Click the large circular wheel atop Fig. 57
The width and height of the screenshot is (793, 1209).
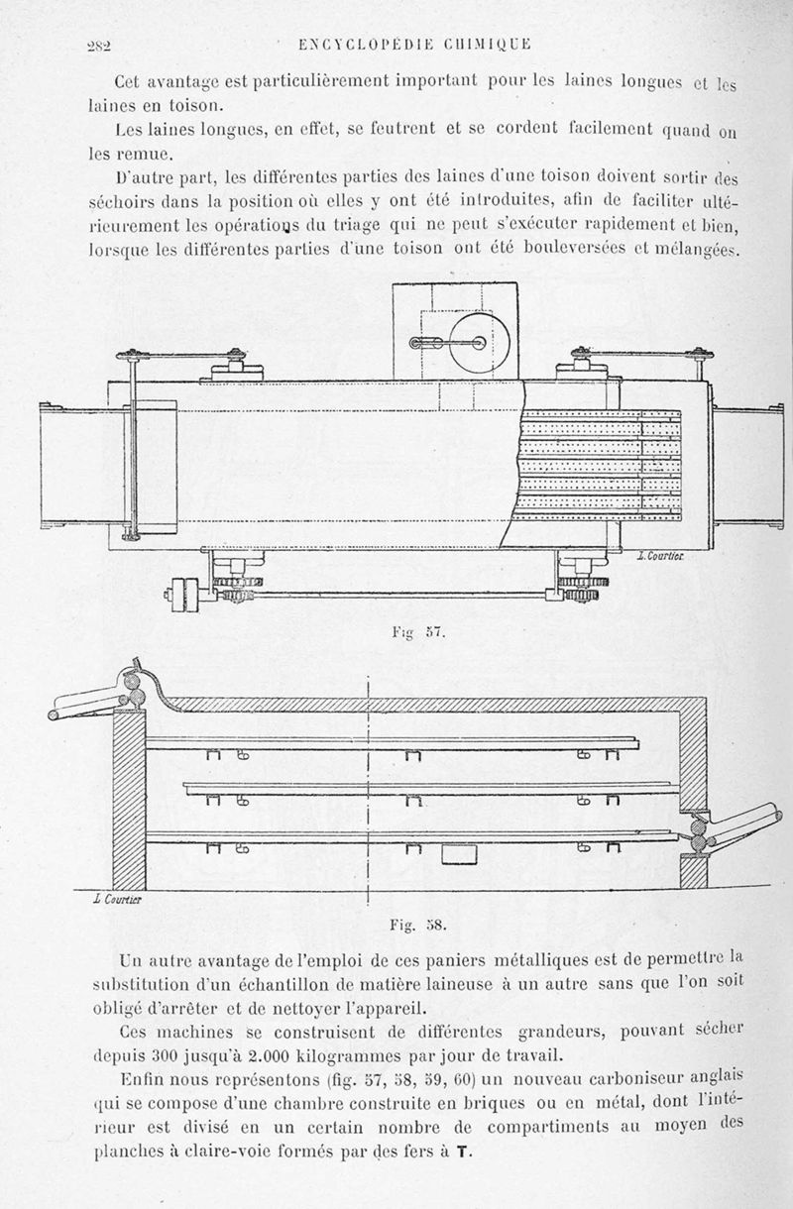click(461, 343)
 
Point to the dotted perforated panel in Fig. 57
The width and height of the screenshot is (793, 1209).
click(600, 466)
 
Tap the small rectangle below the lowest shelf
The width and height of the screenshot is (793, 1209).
click(455, 854)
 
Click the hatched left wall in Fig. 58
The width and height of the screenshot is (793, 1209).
click(130, 798)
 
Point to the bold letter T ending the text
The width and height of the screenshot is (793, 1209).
click(463, 1154)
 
